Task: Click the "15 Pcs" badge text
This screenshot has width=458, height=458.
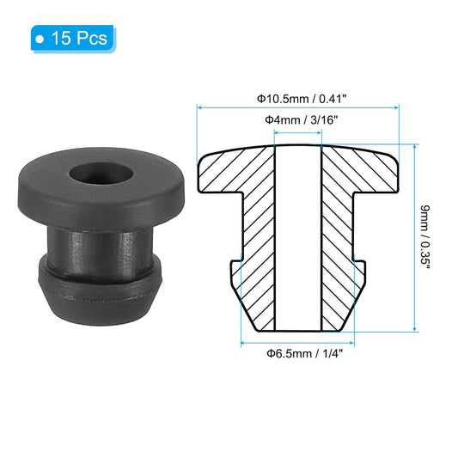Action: pos(79,39)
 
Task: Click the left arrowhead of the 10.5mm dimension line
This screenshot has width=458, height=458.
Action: pos(202,108)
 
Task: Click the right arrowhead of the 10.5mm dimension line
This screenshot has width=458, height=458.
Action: pos(399,108)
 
